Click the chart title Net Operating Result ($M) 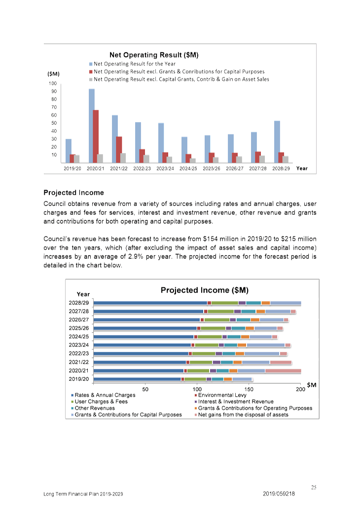[x=154, y=55]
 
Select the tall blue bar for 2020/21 [x=92, y=126]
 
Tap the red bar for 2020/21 [x=96, y=136]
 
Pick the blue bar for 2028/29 [x=277, y=141]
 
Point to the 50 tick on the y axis [x=54, y=123]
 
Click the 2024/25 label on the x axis [x=188, y=169]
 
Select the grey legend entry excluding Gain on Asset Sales [x=179, y=79]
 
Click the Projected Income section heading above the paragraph [x=74, y=193]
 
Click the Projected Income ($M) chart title [x=204, y=290]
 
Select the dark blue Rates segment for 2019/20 [x=137, y=379]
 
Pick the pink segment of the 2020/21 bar [x=283, y=371]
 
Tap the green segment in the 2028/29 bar [x=224, y=303]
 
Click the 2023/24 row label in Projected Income [x=78, y=345]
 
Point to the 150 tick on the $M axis [x=249, y=389]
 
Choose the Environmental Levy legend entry [x=220, y=395]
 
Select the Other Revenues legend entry [x=93, y=408]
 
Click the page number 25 [x=314, y=487]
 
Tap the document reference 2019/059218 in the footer [x=279, y=494]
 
